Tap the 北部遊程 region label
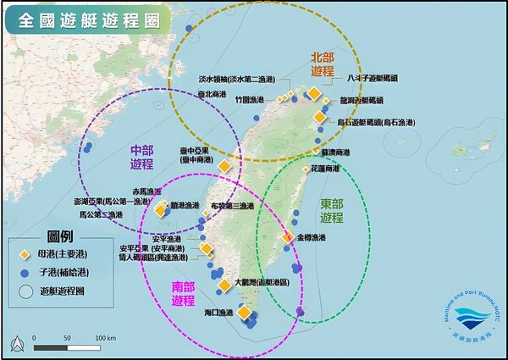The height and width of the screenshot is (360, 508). point(322,64)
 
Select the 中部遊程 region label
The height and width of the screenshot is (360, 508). point(142,155)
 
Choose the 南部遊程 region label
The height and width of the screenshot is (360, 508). point(183,293)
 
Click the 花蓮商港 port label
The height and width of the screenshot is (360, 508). point(324,169)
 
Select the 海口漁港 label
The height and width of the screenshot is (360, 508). point(218,313)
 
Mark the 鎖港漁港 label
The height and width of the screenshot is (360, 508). point(185,205)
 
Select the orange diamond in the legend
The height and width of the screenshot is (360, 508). point(25,254)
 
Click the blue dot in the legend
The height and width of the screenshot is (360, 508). point(25,273)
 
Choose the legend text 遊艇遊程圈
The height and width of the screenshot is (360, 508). point(63,291)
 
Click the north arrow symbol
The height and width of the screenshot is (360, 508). point(17,341)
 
